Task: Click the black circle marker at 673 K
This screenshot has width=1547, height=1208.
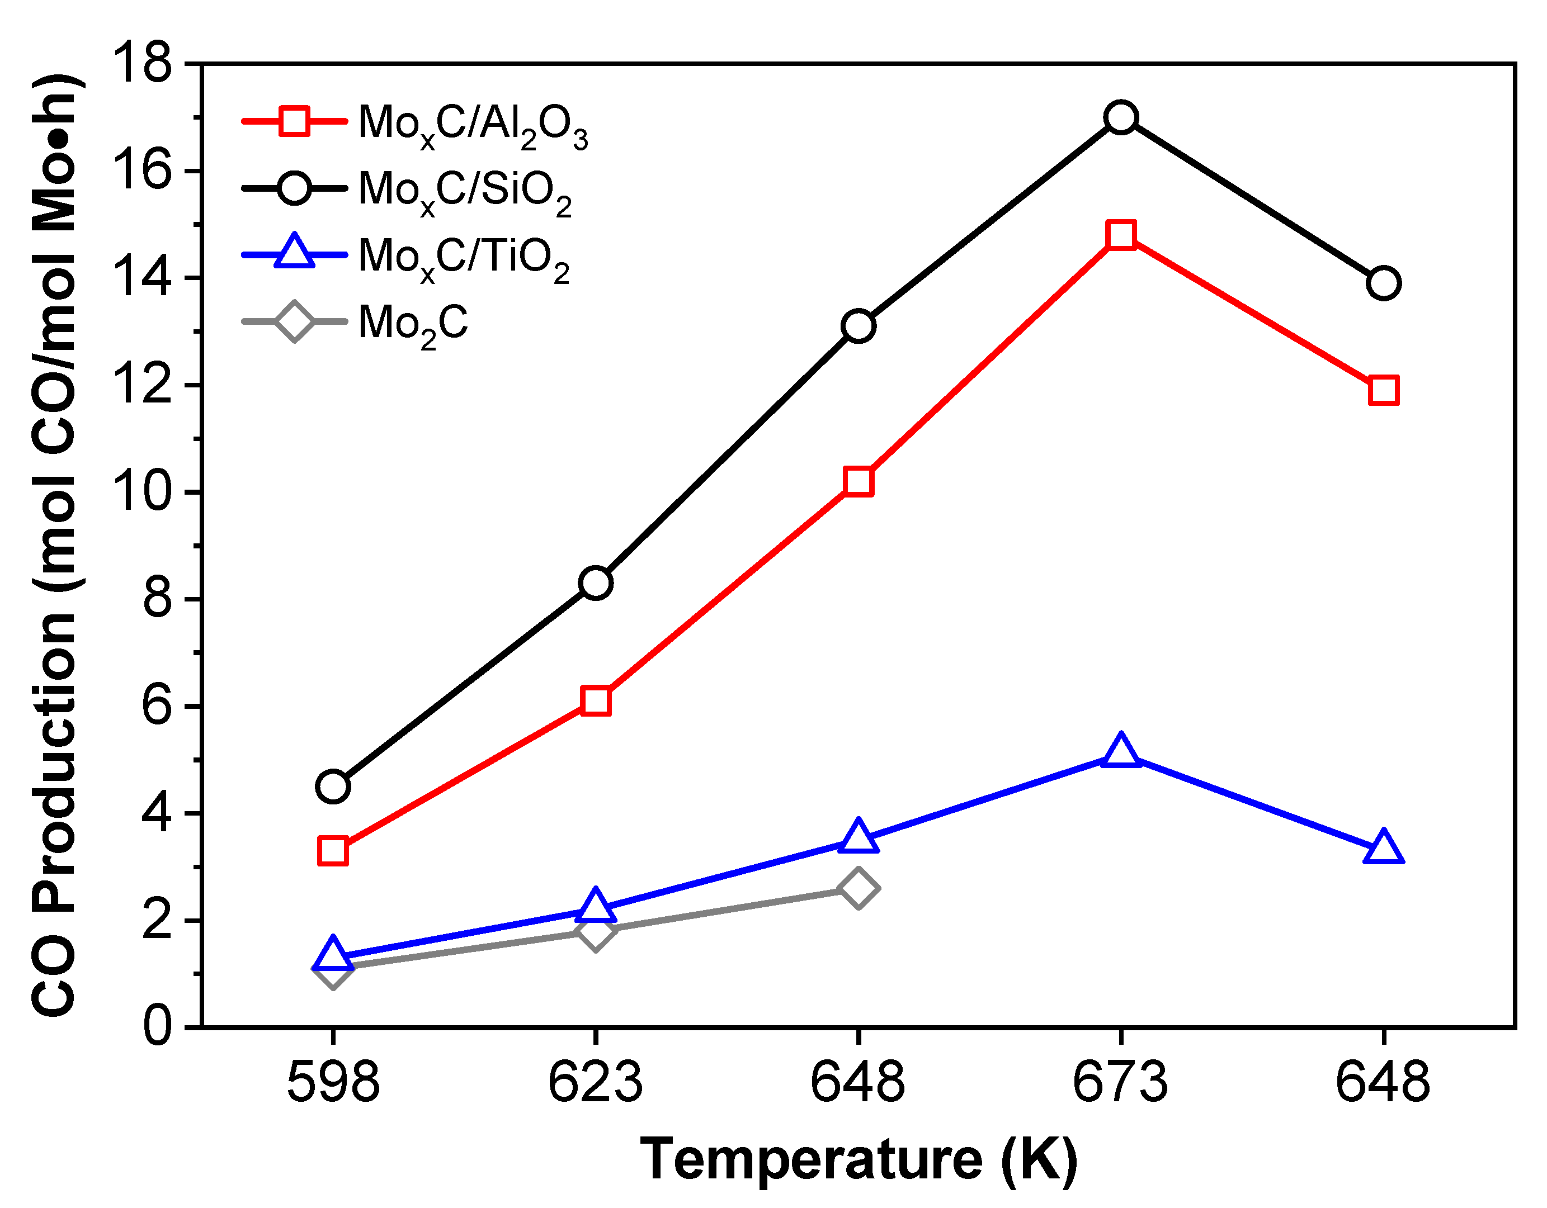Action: [1121, 117]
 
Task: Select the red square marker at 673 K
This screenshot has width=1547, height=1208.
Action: [1121, 234]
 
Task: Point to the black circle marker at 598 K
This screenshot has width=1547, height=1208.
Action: [333, 787]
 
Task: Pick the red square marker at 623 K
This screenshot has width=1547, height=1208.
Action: [596, 701]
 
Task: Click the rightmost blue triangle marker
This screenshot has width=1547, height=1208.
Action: [1383, 849]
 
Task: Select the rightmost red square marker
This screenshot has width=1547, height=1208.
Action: [1383, 391]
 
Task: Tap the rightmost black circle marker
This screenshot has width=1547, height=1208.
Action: [1383, 283]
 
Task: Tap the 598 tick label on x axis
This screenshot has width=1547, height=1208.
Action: [333, 1083]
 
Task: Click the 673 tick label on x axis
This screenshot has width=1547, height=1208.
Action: [1121, 1083]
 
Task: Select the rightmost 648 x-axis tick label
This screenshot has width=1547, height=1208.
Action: [1383, 1083]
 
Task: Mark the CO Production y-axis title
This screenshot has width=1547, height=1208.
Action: [56, 545]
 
